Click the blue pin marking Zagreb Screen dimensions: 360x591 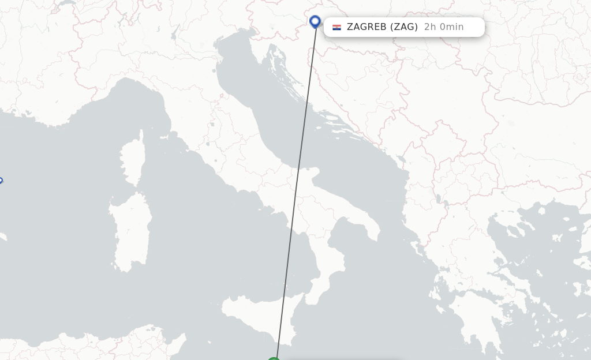315,22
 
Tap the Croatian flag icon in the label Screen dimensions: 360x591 336,27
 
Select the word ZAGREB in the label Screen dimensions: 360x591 367,27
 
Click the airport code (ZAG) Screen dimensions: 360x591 404,27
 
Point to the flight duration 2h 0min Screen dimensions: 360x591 443,27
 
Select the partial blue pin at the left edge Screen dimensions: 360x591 1,181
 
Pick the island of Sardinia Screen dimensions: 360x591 131,231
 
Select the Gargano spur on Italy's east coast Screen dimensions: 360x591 312,173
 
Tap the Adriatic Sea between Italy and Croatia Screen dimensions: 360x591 277,115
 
